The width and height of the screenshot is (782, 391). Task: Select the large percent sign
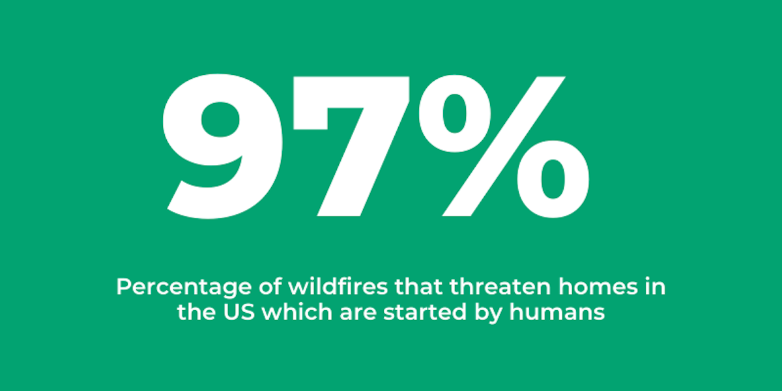(503, 147)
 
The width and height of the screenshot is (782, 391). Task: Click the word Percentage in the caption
(184, 287)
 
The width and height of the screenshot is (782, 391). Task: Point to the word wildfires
(338, 286)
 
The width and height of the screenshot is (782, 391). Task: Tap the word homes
(598, 286)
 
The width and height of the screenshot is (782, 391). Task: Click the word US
(239, 311)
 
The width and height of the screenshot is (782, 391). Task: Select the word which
(297, 311)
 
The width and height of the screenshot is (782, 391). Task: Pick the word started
(425, 311)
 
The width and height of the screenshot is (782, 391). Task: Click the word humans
(557, 311)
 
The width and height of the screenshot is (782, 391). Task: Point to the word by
(488, 313)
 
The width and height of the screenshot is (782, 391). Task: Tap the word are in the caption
(358, 313)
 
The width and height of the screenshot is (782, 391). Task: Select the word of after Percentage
(270, 286)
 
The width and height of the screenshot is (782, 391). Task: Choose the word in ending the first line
(655, 287)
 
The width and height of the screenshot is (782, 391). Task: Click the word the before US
(196, 311)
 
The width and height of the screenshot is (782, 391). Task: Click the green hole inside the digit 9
(220, 120)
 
